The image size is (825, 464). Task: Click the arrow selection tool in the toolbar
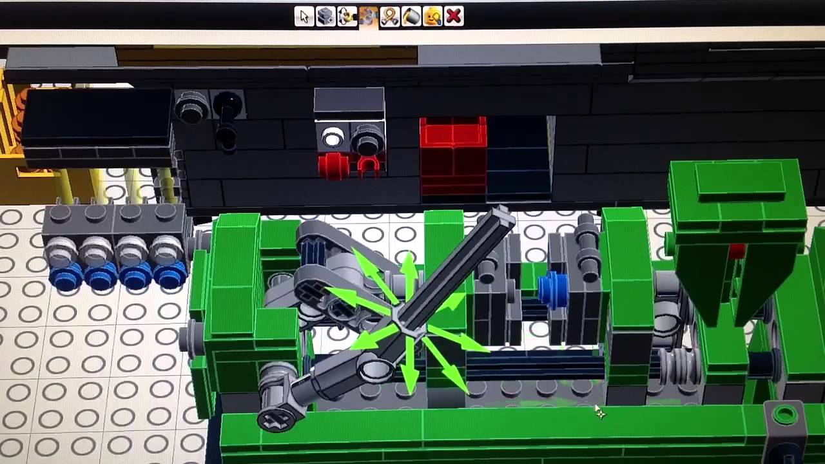304,17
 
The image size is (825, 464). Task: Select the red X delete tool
454,16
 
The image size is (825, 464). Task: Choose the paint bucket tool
411,17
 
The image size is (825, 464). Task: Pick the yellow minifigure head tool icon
432,17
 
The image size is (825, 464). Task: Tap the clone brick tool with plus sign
325,17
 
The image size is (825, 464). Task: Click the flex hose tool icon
389,17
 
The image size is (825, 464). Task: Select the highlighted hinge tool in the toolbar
368,17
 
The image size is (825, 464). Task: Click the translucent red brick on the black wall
453,155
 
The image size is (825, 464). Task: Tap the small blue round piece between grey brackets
552,289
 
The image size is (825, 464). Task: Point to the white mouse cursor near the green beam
599,412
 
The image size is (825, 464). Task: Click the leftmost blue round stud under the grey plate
65,278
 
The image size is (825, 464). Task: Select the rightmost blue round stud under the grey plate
170,278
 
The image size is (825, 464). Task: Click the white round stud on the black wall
333,137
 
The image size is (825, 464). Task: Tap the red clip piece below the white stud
367,167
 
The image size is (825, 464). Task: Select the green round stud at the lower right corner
785,414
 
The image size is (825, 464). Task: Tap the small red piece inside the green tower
737,251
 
